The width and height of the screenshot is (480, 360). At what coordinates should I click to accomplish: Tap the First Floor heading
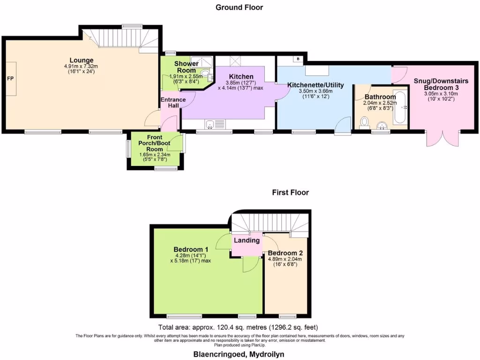pos(291,192)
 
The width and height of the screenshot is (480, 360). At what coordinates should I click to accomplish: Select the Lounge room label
pos(82,60)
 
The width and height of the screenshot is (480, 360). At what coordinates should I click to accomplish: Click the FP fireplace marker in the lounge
pos(10,78)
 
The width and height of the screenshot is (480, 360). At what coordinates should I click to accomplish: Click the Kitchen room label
pos(241,76)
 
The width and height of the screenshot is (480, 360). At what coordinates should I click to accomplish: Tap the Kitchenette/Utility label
pos(315,85)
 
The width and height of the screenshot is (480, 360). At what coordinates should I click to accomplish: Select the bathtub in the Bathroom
pos(400,107)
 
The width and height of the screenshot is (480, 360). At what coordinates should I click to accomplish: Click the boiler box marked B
pos(298,59)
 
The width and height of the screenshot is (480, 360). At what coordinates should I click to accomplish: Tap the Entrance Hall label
pos(173,103)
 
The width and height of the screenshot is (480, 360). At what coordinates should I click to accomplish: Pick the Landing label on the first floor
pos(247,240)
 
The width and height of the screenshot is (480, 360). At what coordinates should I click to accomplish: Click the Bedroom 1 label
pos(191,249)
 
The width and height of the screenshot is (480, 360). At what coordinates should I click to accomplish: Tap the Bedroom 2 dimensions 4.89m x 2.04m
pos(285,259)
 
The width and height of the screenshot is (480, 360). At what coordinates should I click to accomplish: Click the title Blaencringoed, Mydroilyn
pos(239,354)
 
